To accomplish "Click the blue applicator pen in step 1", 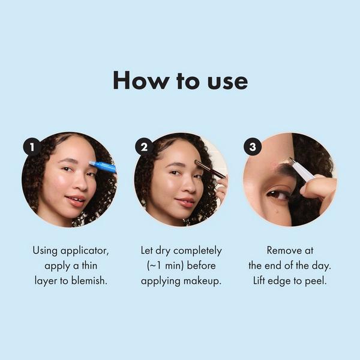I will click(x=103, y=167).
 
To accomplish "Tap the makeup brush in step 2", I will click(x=211, y=169).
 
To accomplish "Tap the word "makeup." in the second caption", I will click(x=201, y=280).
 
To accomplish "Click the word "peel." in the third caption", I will click(x=316, y=280).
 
